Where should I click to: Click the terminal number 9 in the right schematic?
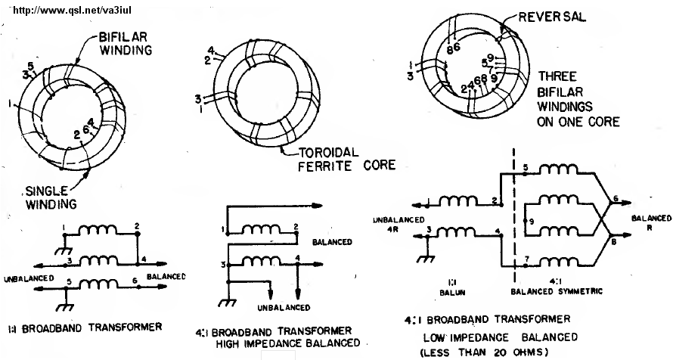tap(532, 222)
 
